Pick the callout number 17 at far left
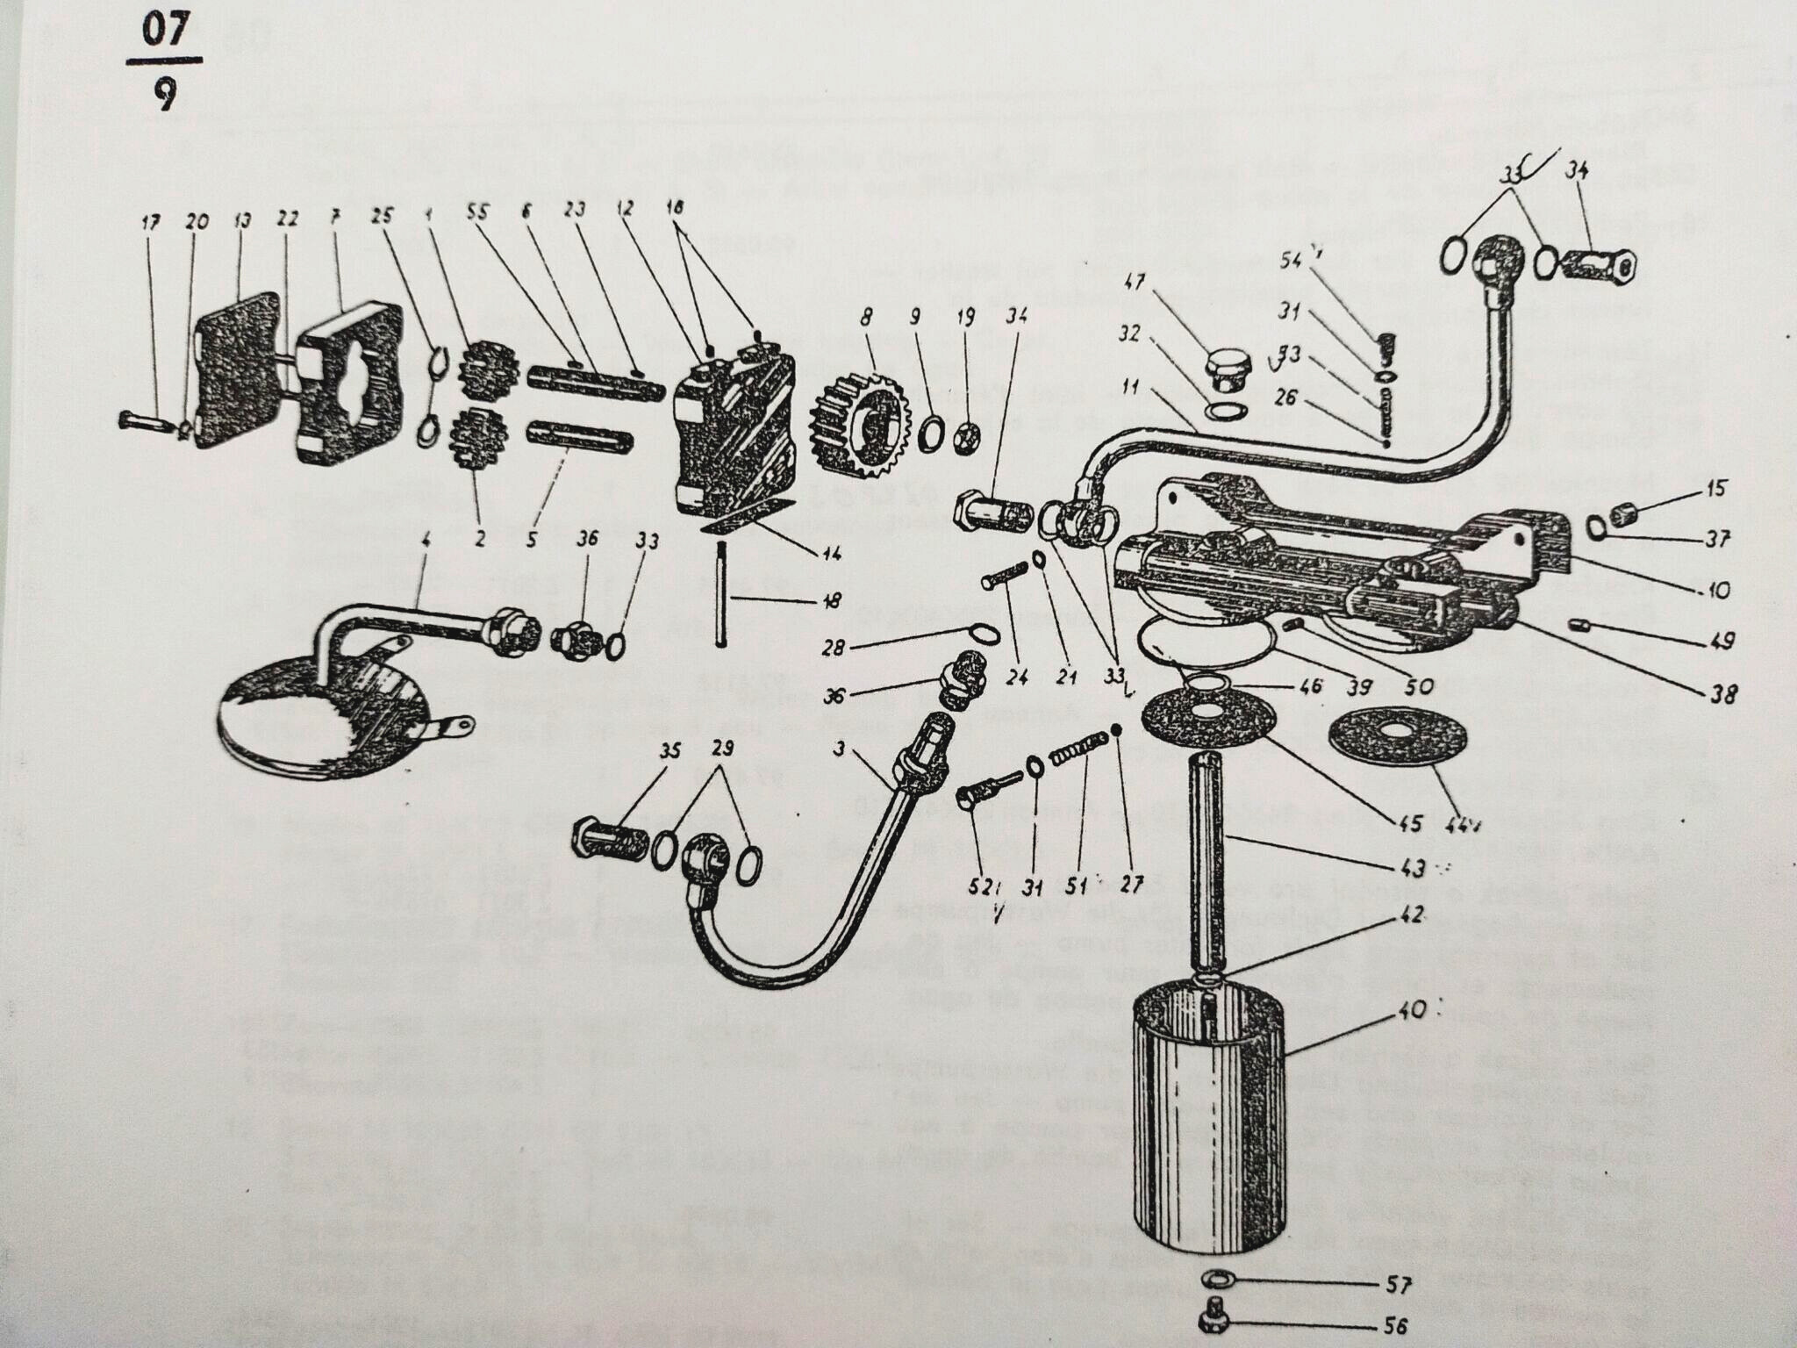tap(150, 223)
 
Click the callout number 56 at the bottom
tap(1394, 1326)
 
